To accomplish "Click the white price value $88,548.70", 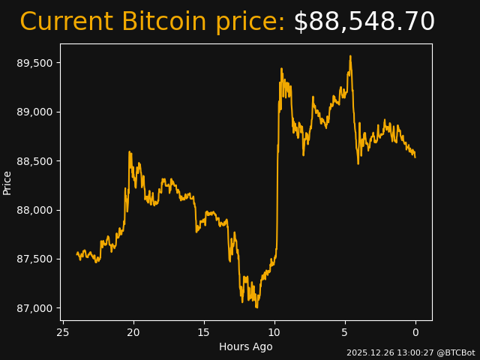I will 364,22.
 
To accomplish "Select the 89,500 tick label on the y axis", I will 35,63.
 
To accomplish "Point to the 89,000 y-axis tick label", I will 35,112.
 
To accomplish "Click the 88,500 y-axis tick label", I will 35,161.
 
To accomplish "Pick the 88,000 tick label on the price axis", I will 35,210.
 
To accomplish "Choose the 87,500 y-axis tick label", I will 35,259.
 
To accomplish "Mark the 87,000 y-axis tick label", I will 35,308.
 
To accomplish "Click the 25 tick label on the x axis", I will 63,332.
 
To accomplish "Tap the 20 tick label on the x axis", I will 133,332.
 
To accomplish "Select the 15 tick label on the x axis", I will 204,332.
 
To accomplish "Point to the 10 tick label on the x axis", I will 274,332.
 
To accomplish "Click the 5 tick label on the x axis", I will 345,332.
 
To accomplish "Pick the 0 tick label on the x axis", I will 415,332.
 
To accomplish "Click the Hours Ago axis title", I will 246,346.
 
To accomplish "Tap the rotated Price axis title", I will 7,182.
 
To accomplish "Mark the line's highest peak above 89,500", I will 350,55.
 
